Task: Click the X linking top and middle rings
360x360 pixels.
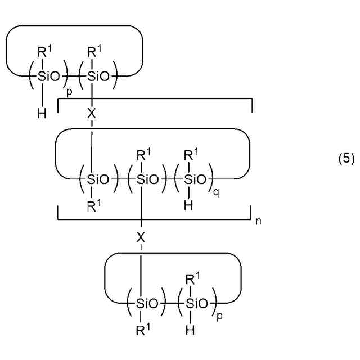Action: tap(92, 114)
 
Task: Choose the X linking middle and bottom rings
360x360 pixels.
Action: tap(141, 237)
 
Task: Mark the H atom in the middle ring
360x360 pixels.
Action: tap(191, 206)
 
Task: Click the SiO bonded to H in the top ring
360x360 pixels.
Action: tap(47, 76)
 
